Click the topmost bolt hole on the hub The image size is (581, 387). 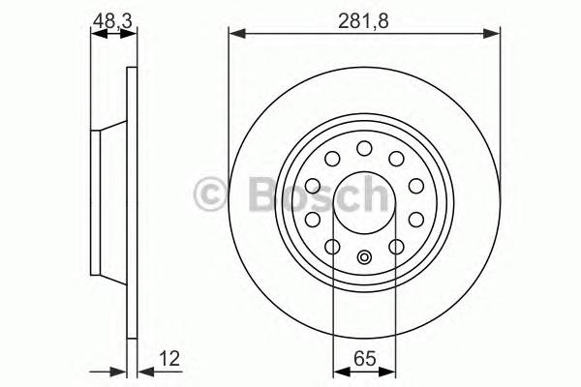click(x=364, y=148)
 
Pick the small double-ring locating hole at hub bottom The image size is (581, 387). click(x=364, y=257)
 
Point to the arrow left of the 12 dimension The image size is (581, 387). click(x=118, y=370)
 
